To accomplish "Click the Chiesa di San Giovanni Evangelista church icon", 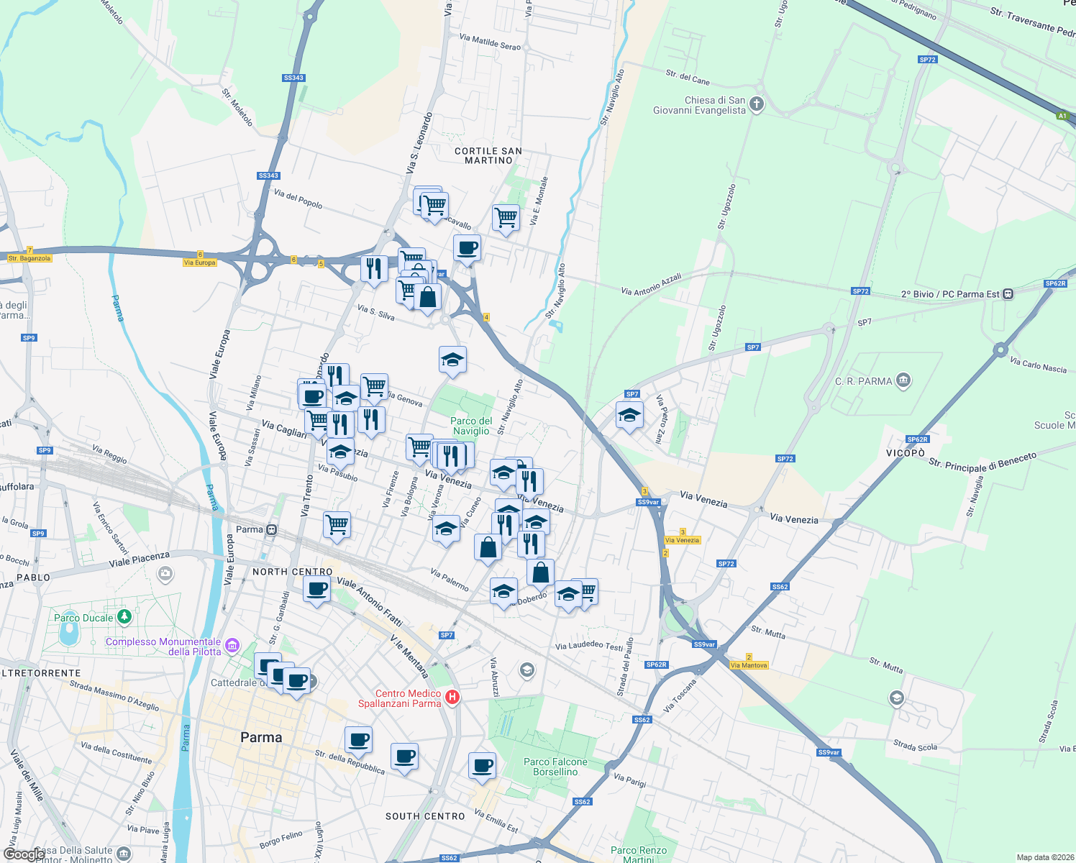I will click(x=756, y=105).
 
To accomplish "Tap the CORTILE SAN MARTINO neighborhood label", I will click(x=488, y=155).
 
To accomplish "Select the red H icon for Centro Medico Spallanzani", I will click(x=452, y=697).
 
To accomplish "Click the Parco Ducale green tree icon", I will click(x=124, y=617).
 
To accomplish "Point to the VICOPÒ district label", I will click(x=905, y=453).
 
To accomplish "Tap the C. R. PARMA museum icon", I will click(x=903, y=380).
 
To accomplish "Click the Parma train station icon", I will click(x=271, y=530).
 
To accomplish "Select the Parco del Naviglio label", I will click(x=471, y=426).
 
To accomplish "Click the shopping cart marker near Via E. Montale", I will click(x=506, y=217).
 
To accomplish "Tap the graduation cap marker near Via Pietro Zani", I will click(x=629, y=415).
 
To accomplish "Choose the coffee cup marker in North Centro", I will click(x=316, y=590).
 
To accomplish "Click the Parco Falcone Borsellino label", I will click(x=555, y=767).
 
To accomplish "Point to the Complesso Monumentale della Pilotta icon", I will click(x=232, y=645).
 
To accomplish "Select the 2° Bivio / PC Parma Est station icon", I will click(x=1008, y=293).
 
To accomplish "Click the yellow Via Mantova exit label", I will click(x=748, y=665).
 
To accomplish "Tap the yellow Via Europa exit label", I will click(x=199, y=262).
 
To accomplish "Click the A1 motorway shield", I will click(x=1062, y=116).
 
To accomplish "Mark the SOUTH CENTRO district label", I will click(x=425, y=816).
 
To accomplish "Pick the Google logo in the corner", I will click(x=23, y=854).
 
